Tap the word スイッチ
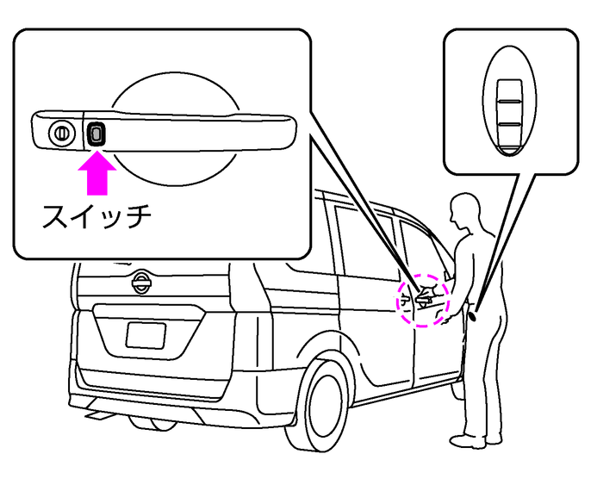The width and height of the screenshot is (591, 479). click(x=96, y=215)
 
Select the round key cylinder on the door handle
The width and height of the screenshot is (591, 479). click(x=60, y=134)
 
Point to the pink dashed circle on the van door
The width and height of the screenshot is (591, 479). click(x=422, y=298)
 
